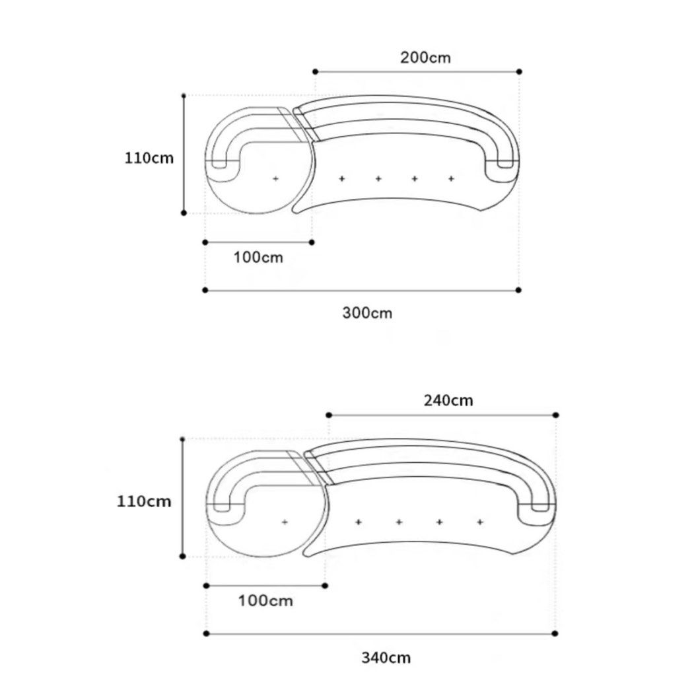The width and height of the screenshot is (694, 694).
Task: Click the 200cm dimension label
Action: point(425,57)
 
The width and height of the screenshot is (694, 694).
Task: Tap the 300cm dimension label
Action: point(367,313)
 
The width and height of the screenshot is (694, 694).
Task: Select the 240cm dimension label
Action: point(448,400)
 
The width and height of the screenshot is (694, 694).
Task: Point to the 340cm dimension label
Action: point(386,657)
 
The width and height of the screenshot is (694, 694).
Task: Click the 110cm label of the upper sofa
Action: point(149,158)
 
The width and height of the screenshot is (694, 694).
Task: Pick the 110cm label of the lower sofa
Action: point(144,501)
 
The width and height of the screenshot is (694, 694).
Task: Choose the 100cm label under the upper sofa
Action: point(258,257)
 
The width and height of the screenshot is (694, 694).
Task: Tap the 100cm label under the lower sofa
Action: point(265,601)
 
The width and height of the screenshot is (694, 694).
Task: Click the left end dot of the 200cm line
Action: point(315,71)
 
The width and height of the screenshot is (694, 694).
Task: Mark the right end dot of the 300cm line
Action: point(519,290)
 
